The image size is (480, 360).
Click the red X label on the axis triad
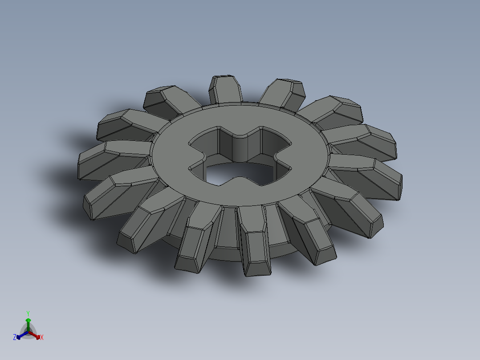pyautogui.click(x=42, y=338)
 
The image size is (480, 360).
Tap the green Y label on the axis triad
pyautogui.click(x=28, y=313)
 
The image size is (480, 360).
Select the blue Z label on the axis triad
pyautogui.click(x=15, y=338)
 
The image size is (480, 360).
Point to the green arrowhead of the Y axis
pyautogui.click(x=28, y=320)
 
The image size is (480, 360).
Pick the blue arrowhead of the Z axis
pyautogui.click(x=19, y=336)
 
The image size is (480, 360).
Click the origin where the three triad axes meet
pyautogui.click(x=28, y=332)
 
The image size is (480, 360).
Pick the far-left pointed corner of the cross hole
pyautogui.click(x=189, y=143)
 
